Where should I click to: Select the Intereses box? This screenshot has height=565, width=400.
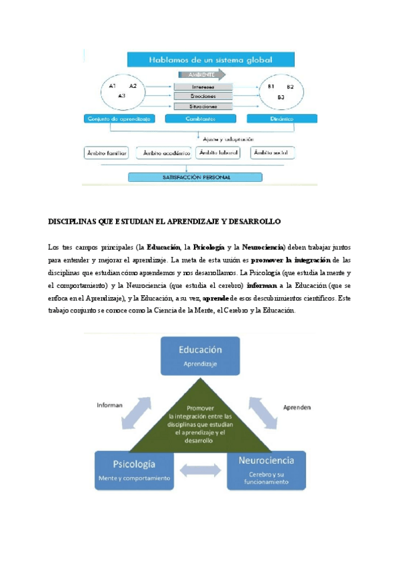(x=203, y=87)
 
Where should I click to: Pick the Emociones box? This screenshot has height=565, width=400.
(x=203, y=97)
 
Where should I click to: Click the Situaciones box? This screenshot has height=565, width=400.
(x=203, y=107)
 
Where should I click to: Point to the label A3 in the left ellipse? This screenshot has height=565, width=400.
(x=121, y=97)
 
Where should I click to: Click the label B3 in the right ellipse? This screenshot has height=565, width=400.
(x=281, y=98)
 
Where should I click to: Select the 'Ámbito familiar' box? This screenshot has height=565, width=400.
(x=107, y=153)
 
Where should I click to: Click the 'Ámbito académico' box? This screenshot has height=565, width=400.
(x=163, y=153)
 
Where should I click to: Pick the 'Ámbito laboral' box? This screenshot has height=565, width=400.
(x=219, y=153)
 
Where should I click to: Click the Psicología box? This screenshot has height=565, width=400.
(x=135, y=470)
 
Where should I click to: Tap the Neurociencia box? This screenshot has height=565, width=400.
(x=265, y=470)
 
